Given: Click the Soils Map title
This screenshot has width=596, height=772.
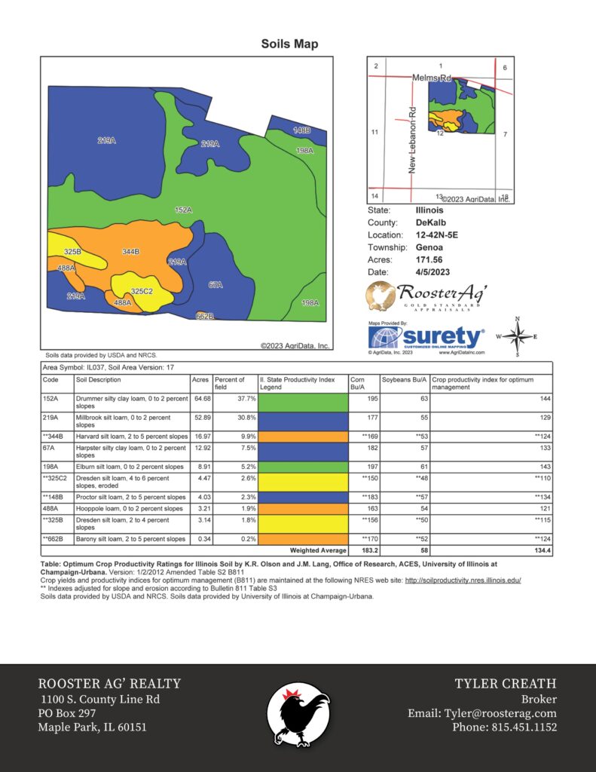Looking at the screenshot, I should click(289, 44).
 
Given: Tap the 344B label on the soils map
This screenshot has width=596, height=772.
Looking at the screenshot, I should click(131, 252).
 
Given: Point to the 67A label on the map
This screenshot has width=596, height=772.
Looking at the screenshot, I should click(215, 285).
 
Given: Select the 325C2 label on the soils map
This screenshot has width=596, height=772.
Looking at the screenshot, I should click(142, 291).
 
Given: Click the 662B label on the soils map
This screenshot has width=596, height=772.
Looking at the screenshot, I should click(205, 316).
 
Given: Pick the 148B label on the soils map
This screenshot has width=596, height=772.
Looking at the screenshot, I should click(301, 130).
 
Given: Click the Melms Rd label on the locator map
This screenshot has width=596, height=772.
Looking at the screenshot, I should click(431, 78).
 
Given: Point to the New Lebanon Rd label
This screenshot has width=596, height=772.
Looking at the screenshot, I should click(413, 140).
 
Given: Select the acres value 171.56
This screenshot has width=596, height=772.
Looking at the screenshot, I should click(431, 259).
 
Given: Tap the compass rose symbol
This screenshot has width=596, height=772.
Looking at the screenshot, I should click(517, 336).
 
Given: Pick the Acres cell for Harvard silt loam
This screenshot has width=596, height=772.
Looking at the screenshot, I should click(200, 436).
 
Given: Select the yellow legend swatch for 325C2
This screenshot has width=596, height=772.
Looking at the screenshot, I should click(303, 483).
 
